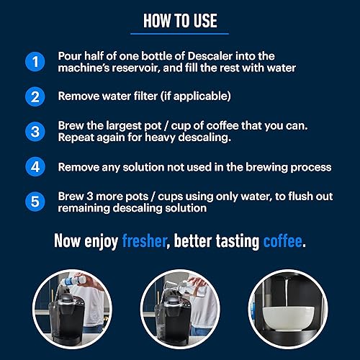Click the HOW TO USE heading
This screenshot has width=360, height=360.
click(x=180, y=20)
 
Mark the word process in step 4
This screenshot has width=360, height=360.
click(x=310, y=168)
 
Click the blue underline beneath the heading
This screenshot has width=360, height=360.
click(x=180, y=33)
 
